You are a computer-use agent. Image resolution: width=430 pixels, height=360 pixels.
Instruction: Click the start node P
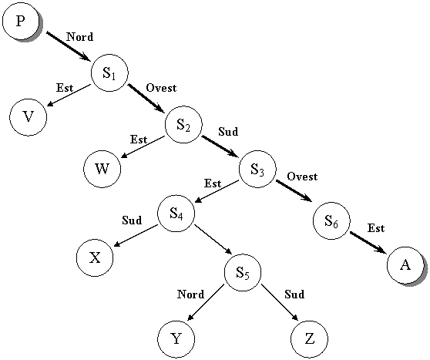tap(21, 21)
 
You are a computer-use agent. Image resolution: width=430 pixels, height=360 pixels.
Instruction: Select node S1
tap(109, 73)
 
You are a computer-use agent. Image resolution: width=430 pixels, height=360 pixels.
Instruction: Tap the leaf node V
tap(29, 117)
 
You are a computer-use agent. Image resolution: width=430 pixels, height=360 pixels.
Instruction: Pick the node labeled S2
tap(183, 125)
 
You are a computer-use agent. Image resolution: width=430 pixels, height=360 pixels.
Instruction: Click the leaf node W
tap(102, 169)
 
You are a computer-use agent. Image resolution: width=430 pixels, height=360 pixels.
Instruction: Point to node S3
tap(257, 169)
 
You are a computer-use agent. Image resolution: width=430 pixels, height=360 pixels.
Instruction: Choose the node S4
tap(176, 214)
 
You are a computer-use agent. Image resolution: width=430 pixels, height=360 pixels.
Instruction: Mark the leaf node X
tap(95, 257)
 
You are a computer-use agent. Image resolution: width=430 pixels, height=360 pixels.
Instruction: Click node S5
tap(243, 272)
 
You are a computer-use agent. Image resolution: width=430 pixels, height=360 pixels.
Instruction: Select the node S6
tap(331, 220)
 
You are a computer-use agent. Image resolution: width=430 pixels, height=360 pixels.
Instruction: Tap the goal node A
tap(405, 265)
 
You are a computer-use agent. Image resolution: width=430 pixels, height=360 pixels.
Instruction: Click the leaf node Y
tap(176, 339)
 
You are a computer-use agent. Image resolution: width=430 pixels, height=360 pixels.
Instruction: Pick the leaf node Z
tap(309, 339)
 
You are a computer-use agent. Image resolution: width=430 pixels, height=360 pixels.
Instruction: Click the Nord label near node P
tap(80, 37)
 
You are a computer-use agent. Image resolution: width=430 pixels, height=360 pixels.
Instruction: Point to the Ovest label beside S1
tap(161, 88)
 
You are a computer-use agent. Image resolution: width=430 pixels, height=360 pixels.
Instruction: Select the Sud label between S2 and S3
tap(228, 132)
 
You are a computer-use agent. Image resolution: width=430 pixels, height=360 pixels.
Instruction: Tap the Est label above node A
tap(376, 228)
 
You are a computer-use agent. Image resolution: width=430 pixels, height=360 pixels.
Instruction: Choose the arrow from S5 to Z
tap(280, 302)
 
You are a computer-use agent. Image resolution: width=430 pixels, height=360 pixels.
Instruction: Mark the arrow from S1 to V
tap(69, 95)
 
